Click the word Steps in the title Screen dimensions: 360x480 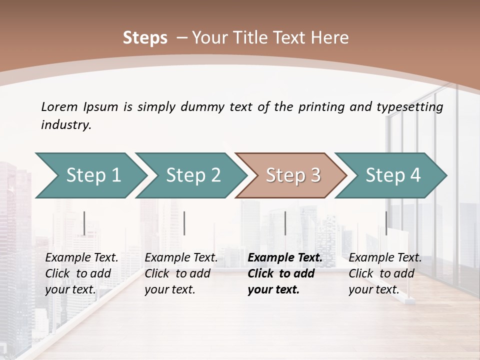pos(145,38)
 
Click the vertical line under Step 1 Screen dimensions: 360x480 pos(84,223)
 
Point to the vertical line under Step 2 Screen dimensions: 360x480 pos(184,223)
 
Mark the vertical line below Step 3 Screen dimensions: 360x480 pos(285,223)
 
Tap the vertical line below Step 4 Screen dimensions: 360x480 pos(386,223)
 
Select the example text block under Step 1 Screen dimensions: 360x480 pos(81,273)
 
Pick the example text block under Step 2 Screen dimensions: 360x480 pos(181,273)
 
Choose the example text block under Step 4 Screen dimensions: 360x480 pos(385,273)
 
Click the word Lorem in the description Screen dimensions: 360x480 pos(59,107)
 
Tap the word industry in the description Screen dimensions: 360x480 pos(66,125)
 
